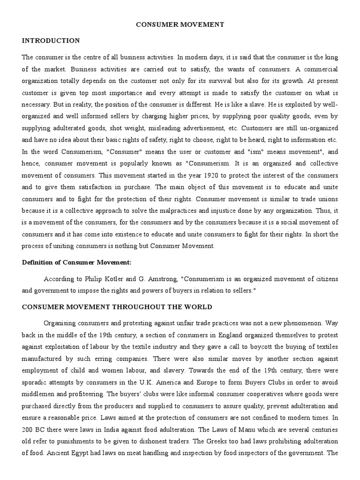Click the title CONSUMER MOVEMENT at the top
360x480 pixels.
180,24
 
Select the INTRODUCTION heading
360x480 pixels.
51,41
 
